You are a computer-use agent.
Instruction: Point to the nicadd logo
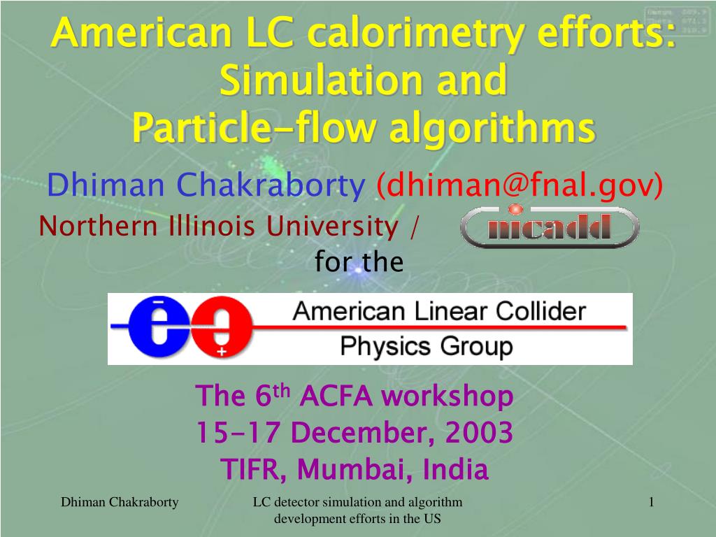(549, 227)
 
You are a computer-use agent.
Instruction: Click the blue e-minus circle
(159, 329)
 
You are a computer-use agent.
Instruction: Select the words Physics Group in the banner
(426, 346)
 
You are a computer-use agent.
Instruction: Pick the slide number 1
(651, 501)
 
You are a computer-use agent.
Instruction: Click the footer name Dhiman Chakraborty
(120, 501)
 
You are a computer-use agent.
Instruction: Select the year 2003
(479, 433)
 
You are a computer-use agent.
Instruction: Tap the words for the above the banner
(359, 262)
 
